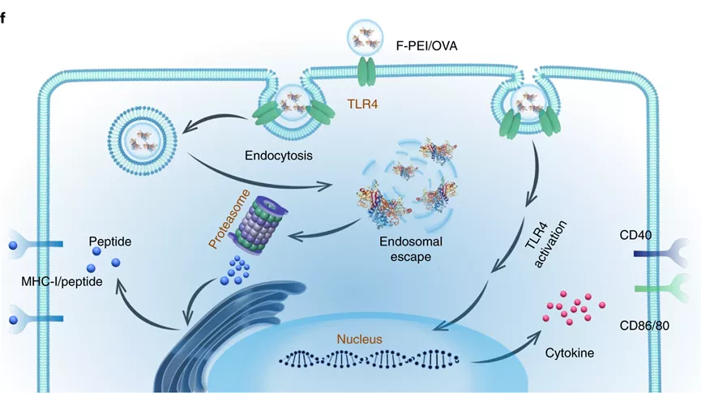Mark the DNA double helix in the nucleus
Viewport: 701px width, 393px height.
(x=374, y=357)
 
